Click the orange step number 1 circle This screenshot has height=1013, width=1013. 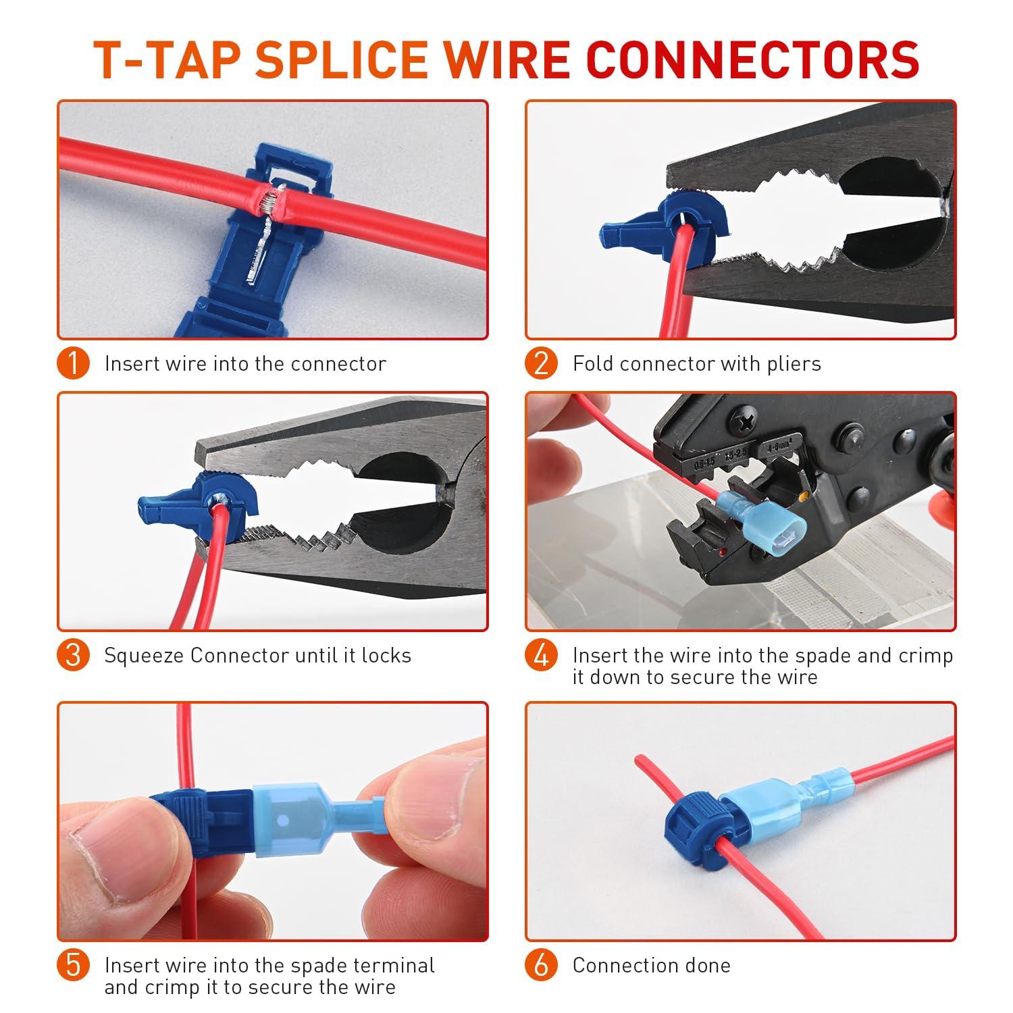point(74,363)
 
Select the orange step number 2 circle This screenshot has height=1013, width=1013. point(542,363)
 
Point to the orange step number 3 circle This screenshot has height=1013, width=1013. point(74,655)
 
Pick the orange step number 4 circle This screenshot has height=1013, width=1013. point(542,655)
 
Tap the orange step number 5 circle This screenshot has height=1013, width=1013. point(74,965)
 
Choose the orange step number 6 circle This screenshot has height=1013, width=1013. point(542,965)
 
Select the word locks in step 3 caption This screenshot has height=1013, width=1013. point(386,655)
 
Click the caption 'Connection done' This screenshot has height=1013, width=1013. point(651,965)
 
